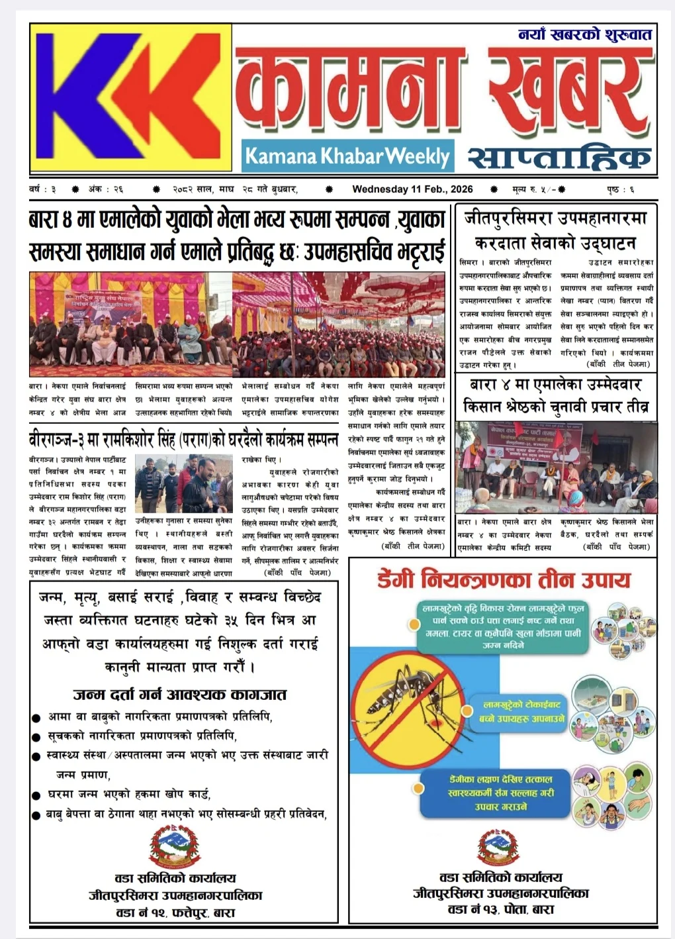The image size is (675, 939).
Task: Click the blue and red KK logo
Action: point(130,98)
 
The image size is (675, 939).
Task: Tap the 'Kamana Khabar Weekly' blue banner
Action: point(347,156)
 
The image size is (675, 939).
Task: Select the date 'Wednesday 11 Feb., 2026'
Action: point(412,189)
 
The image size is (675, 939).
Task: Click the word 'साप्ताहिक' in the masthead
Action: point(559,158)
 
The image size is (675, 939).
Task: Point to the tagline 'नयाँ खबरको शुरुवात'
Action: point(585,34)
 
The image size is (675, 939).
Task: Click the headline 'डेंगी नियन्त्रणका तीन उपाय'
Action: point(504,580)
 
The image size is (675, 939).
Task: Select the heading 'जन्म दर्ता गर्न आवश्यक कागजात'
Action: point(179,695)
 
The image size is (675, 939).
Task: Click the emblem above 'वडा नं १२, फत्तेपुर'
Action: point(174,848)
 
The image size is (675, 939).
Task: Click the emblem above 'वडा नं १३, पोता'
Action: point(498,847)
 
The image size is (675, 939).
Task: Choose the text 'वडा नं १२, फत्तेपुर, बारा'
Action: point(175,913)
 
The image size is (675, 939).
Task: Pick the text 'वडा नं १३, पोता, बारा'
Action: point(500,909)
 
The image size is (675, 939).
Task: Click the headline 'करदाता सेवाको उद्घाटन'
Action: point(555,242)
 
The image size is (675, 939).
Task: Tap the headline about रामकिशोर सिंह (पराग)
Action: point(184,440)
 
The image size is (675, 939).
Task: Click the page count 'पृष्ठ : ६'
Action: point(620,189)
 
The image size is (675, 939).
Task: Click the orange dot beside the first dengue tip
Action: point(414,624)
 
